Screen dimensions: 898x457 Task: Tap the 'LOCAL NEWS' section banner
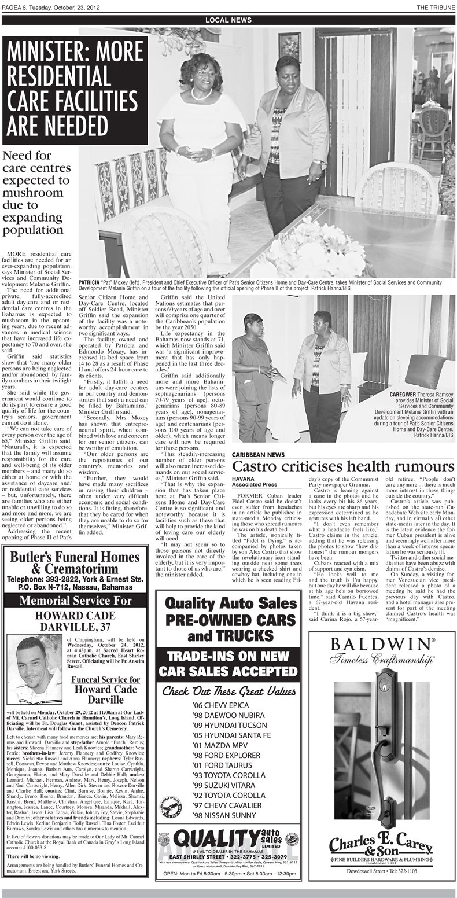pos(228,20)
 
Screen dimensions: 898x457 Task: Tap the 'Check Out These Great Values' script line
pos(229,691)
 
